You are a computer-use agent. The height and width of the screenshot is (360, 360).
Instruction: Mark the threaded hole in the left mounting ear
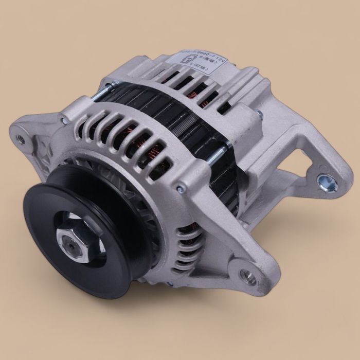pos(21,137)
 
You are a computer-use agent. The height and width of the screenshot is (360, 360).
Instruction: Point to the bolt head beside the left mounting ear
pos(62,121)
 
